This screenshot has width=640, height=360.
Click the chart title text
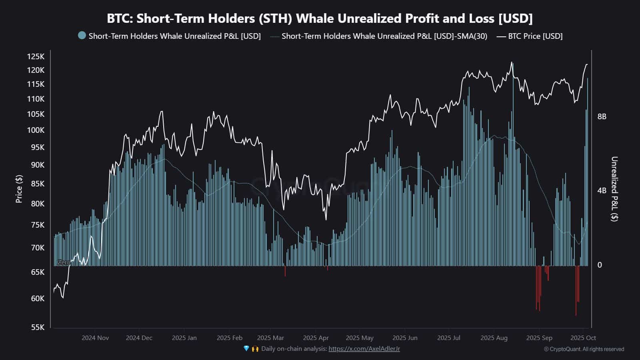(x=320, y=18)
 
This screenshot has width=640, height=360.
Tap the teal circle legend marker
(x=82, y=36)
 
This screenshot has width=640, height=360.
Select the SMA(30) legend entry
(x=384, y=36)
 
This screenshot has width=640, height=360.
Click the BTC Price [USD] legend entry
(x=535, y=36)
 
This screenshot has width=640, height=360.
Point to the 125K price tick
(x=36, y=56)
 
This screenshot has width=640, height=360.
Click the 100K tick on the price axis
(x=36, y=130)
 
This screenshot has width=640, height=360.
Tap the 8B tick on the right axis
(x=602, y=116)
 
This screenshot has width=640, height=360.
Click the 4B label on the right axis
(x=602, y=190)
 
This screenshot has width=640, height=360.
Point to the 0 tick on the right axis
(x=599, y=265)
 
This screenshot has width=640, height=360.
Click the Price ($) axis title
(x=19, y=189)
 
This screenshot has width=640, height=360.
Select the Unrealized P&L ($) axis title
(x=614, y=189)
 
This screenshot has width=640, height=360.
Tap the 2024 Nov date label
(x=95, y=338)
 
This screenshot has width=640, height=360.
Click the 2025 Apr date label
(x=316, y=338)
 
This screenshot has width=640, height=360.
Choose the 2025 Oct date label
(x=583, y=338)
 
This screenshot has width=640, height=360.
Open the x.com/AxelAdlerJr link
(x=364, y=349)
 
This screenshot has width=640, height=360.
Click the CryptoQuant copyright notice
(x=584, y=349)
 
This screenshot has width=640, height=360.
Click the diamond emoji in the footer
(x=246, y=349)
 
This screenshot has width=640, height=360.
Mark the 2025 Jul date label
(x=448, y=338)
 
